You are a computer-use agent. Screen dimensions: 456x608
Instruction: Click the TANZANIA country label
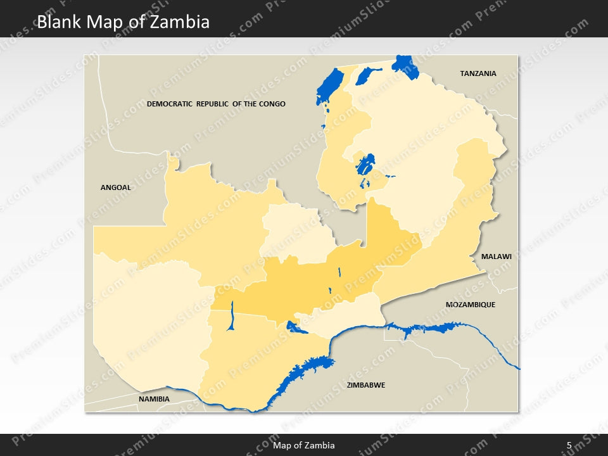coord(478,73)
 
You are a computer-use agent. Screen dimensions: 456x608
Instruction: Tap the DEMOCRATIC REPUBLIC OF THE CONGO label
coord(216,104)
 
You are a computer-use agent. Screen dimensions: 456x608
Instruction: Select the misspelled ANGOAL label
coord(116,187)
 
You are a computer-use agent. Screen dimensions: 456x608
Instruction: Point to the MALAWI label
coord(496,256)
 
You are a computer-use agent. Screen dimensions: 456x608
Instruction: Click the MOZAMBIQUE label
coord(471,305)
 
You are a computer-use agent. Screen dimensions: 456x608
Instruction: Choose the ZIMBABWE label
coord(367,385)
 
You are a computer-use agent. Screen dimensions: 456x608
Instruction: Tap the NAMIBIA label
coord(154,399)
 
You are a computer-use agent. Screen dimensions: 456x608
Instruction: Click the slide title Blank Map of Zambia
coord(123,22)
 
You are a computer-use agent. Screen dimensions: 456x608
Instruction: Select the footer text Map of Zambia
coord(304,445)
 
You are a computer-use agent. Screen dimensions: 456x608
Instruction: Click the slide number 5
coord(569,445)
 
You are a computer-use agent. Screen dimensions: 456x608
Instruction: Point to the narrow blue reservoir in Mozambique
coord(427,328)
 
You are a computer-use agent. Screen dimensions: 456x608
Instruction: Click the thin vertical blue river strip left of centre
coord(232,315)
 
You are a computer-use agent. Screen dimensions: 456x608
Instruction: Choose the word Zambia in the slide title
coord(184,22)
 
